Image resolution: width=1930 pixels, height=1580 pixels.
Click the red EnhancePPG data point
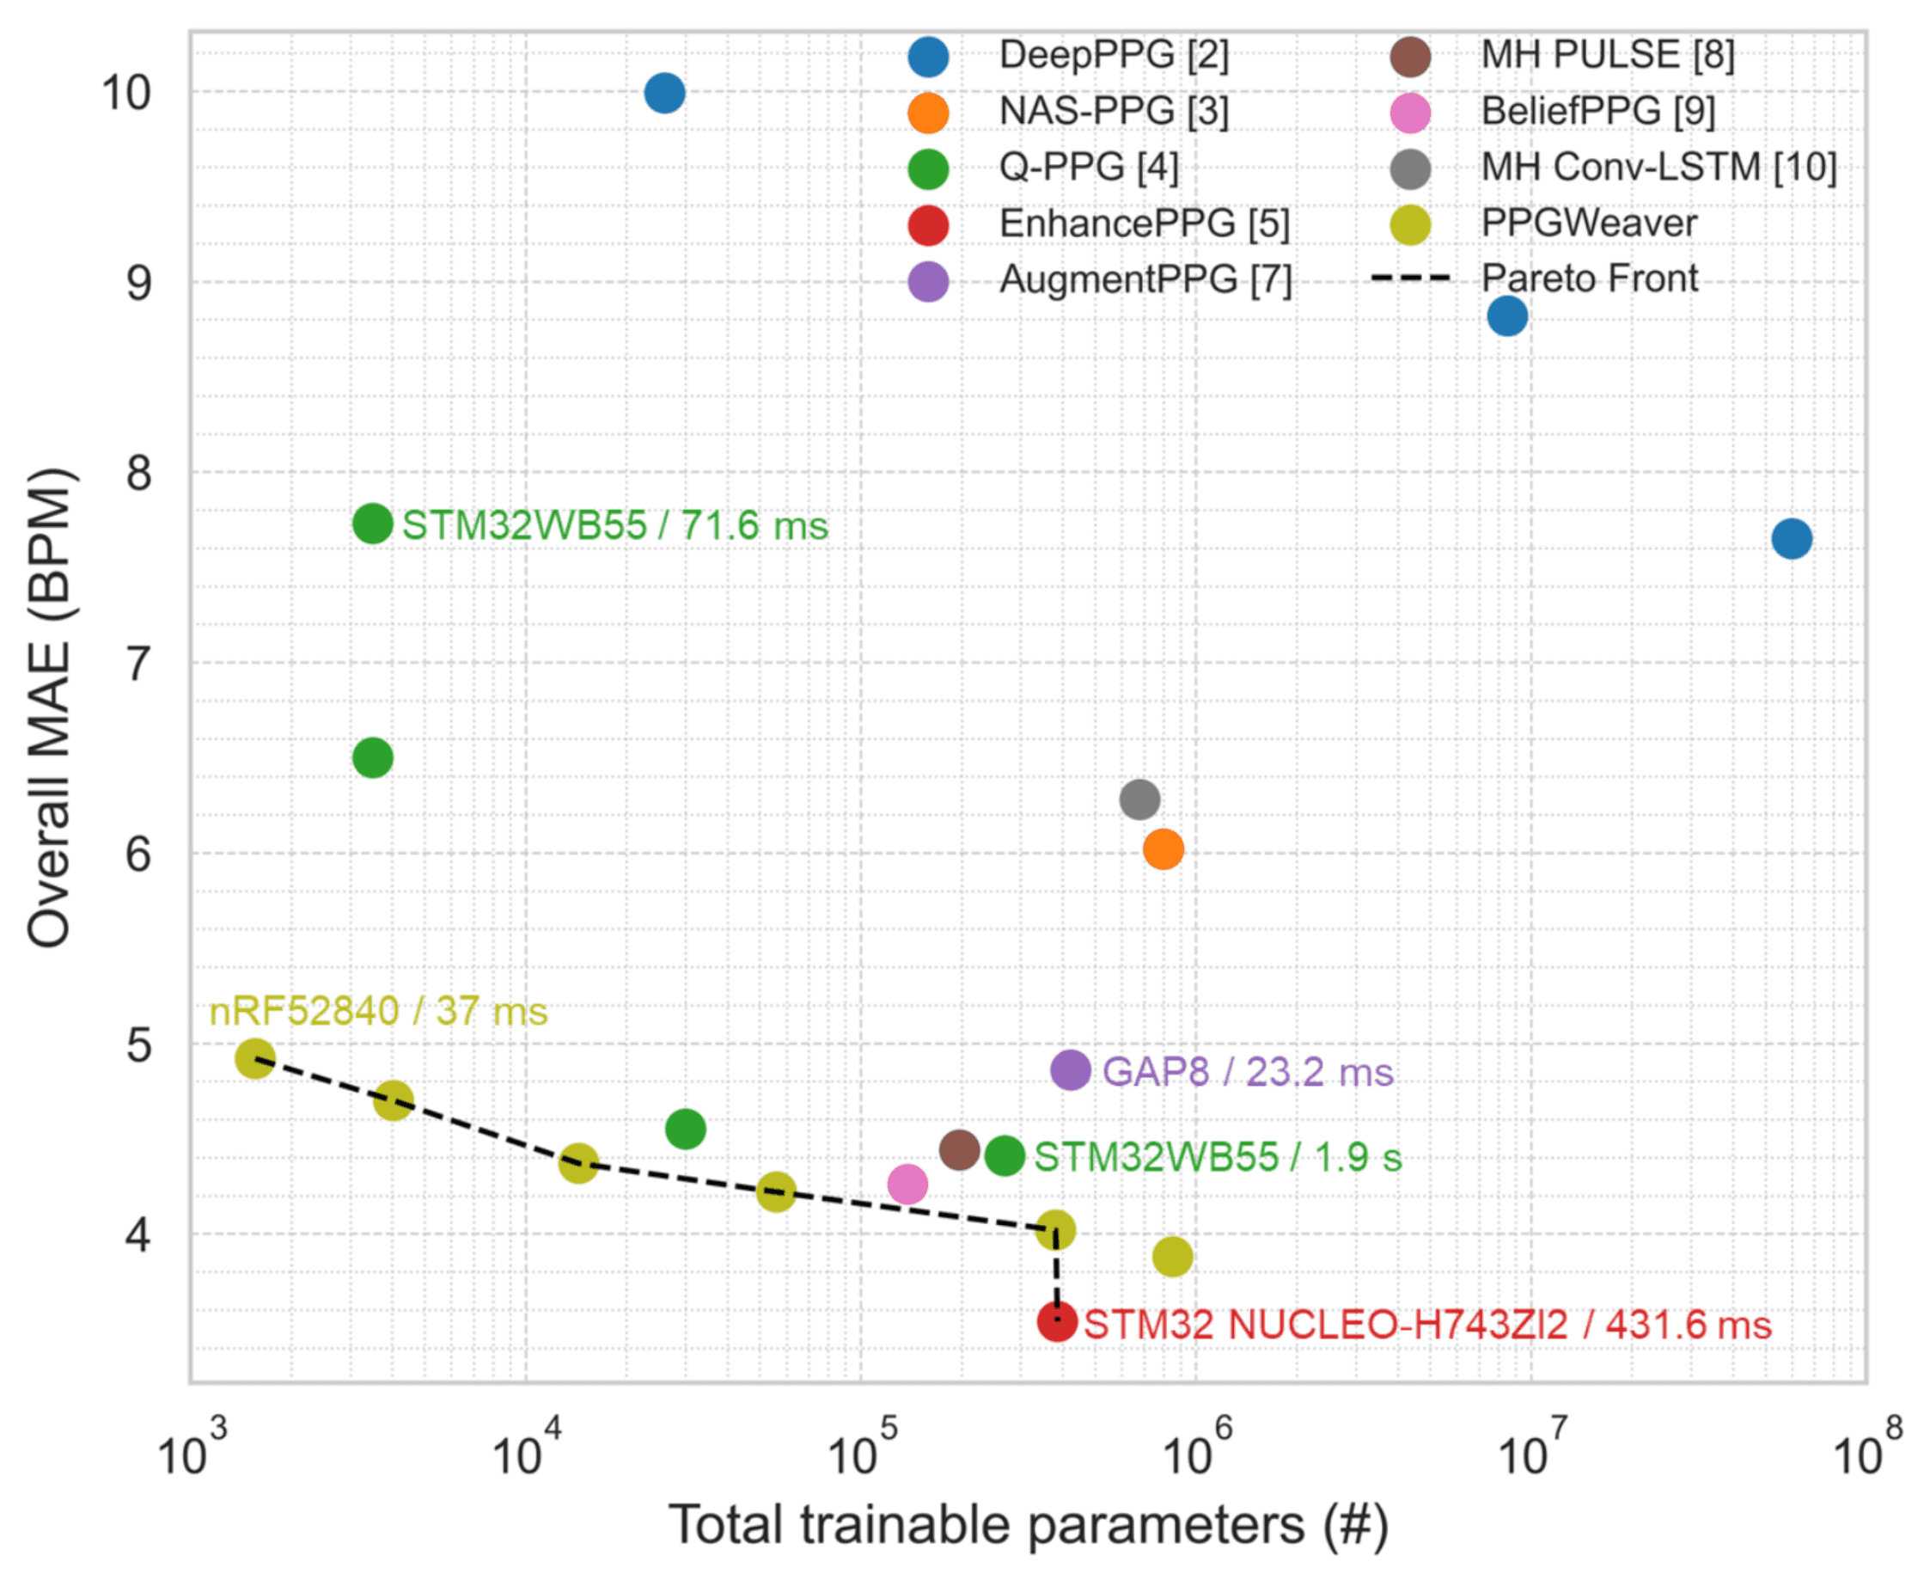coord(1057,1322)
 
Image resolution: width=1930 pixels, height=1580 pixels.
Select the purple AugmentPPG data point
coord(1071,1070)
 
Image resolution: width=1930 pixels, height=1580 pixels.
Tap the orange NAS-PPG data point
coord(1163,850)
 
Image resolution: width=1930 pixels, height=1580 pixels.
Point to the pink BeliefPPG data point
coord(907,1185)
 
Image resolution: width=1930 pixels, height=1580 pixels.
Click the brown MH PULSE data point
coord(959,1150)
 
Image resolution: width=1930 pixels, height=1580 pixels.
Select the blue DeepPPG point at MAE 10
coord(665,93)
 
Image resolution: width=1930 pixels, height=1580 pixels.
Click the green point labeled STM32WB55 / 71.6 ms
coord(373,524)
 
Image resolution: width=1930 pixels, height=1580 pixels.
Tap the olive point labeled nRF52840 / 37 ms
coord(256,1058)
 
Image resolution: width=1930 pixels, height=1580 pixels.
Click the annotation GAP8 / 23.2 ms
coord(1248,1072)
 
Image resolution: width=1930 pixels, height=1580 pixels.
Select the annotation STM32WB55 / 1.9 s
coord(1218,1158)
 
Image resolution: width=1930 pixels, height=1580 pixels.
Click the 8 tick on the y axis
coord(139,474)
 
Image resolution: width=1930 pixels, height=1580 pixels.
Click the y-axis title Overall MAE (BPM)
coord(50,708)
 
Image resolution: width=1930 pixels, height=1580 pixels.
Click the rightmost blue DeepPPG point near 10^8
coord(1792,539)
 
